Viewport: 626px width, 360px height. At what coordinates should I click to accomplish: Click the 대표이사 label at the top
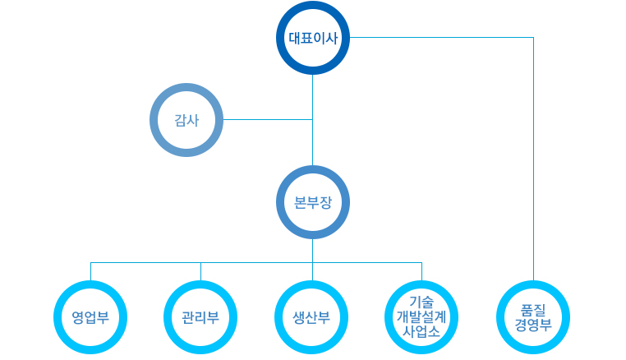pos(312,38)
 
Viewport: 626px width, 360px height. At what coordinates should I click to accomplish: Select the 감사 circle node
pos(187,120)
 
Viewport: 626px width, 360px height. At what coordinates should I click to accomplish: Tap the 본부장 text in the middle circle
pos(312,202)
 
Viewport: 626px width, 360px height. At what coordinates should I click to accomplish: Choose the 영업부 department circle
pos(90,317)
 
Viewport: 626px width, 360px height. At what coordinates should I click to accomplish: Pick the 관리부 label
pos(200,317)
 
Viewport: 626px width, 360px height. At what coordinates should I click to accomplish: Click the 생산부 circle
pos(311,317)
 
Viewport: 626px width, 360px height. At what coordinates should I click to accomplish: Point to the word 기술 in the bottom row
pos(421,301)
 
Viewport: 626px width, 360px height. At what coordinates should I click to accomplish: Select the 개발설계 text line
pos(421,316)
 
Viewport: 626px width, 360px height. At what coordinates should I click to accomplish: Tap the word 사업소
pos(421,332)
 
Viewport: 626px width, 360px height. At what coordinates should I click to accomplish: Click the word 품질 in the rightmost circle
pos(533,309)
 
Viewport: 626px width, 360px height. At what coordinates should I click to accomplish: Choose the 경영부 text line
pos(533,325)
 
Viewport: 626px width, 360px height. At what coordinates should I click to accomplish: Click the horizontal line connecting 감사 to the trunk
pos(267,120)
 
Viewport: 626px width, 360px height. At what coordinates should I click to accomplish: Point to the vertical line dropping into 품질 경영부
pos(533,164)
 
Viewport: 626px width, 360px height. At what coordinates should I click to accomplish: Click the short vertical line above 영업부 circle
pos(90,271)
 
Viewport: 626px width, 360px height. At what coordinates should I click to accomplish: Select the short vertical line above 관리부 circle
pos(200,271)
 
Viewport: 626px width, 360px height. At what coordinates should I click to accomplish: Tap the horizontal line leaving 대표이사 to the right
pos(444,38)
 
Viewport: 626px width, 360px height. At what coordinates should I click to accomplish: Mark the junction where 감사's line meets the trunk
pos(312,120)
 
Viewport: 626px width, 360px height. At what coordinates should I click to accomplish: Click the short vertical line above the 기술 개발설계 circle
pos(421,271)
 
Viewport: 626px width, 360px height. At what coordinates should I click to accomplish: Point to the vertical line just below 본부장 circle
pos(312,251)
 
